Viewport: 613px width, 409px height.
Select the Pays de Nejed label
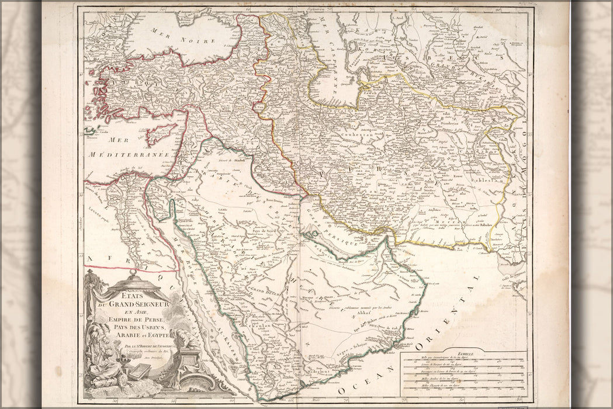[268, 231]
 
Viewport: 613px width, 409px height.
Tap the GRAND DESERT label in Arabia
[266, 289]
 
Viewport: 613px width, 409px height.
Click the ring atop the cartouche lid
[133, 273]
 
